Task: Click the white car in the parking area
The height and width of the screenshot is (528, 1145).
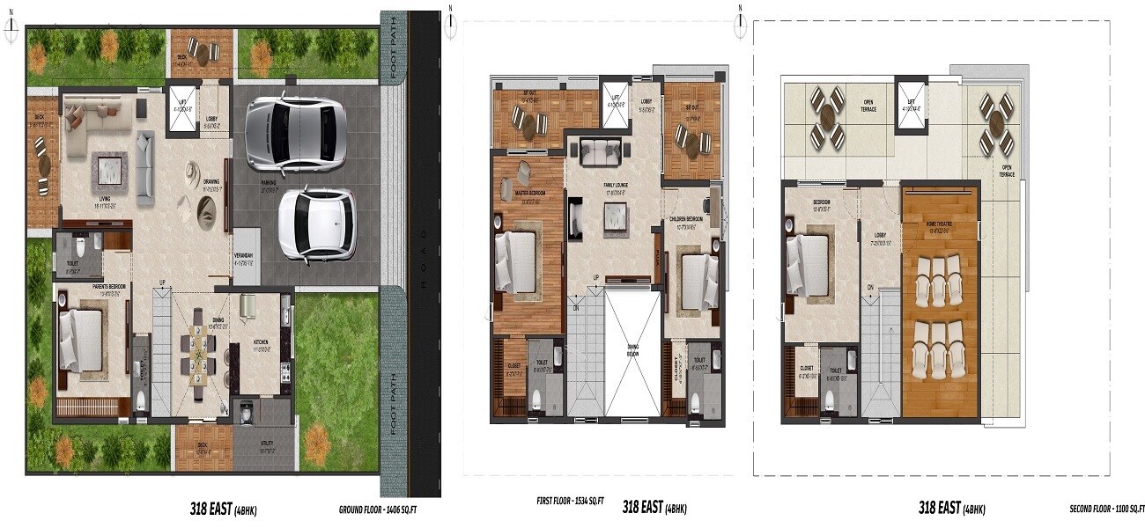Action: [316, 224]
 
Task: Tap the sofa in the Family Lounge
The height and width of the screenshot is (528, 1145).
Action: [601, 151]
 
